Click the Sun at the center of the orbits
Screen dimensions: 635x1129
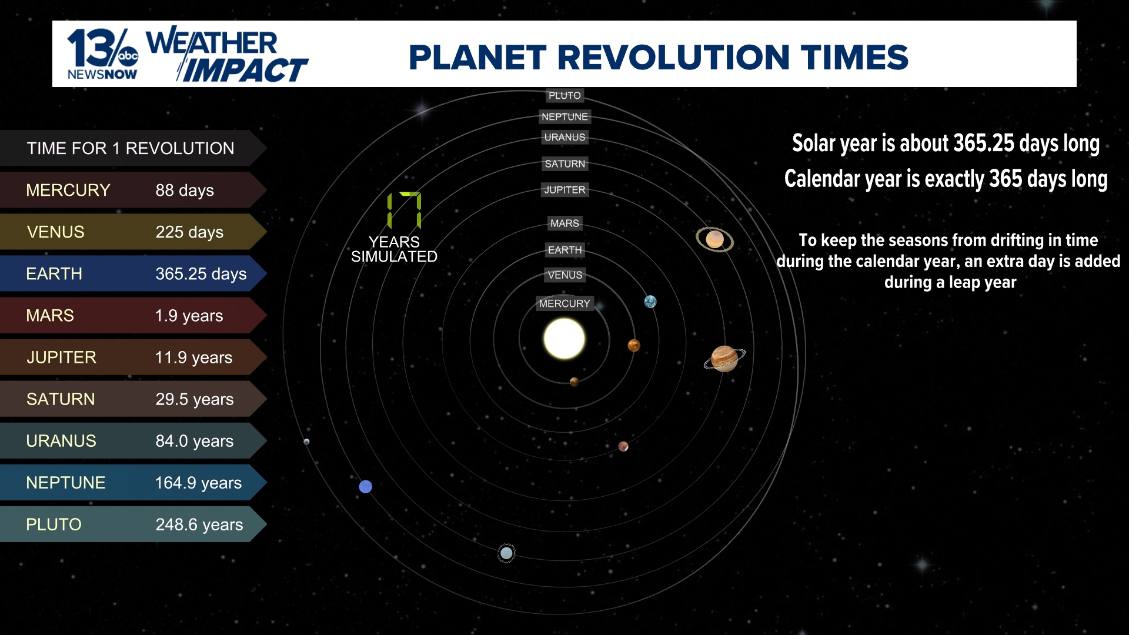click(564, 339)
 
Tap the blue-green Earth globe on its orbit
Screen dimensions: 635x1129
click(650, 302)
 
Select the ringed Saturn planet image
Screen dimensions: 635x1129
click(714, 239)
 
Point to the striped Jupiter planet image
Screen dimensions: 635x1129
click(724, 359)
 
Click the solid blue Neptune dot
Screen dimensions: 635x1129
click(365, 486)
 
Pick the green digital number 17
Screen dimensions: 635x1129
click(404, 210)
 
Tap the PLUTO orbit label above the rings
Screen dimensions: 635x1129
click(564, 95)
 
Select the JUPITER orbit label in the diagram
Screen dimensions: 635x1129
click(564, 190)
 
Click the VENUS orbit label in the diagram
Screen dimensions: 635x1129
click(564, 275)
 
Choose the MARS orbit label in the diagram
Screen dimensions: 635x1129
click(564, 223)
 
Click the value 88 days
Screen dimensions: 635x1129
click(185, 190)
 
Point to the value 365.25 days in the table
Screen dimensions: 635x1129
click(201, 274)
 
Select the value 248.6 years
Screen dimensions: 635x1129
click(199, 524)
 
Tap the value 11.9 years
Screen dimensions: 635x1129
click(193, 357)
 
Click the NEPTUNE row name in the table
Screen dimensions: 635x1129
click(66, 483)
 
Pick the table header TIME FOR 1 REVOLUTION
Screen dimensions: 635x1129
click(131, 148)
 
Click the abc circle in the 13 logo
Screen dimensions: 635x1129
click(128, 56)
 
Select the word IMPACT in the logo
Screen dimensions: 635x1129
click(245, 71)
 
